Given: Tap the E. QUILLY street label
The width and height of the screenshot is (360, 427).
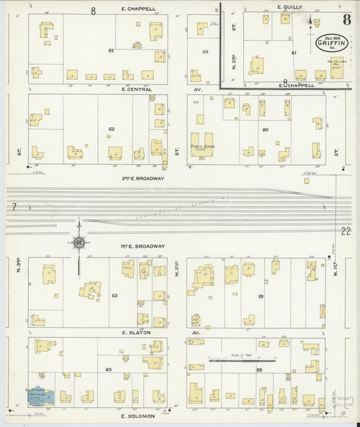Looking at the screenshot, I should (289, 7).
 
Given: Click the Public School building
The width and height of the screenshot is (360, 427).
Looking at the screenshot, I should (201, 145).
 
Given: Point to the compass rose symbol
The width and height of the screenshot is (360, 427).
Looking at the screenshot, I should (79, 241).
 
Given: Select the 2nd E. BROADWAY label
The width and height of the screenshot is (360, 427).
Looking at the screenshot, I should (143, 178).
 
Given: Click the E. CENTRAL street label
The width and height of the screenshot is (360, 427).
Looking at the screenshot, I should (136, 89).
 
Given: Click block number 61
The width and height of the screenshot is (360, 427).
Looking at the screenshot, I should (294, 52).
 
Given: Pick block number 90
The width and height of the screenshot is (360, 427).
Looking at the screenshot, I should (205, 51).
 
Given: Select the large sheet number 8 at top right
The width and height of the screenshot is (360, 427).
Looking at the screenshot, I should (346, 18).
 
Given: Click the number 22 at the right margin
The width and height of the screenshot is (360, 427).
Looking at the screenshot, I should (346, 232).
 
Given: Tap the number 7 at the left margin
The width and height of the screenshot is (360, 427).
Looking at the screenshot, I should (13, 206).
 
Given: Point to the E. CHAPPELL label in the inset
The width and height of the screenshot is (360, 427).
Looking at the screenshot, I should (298, 85).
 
